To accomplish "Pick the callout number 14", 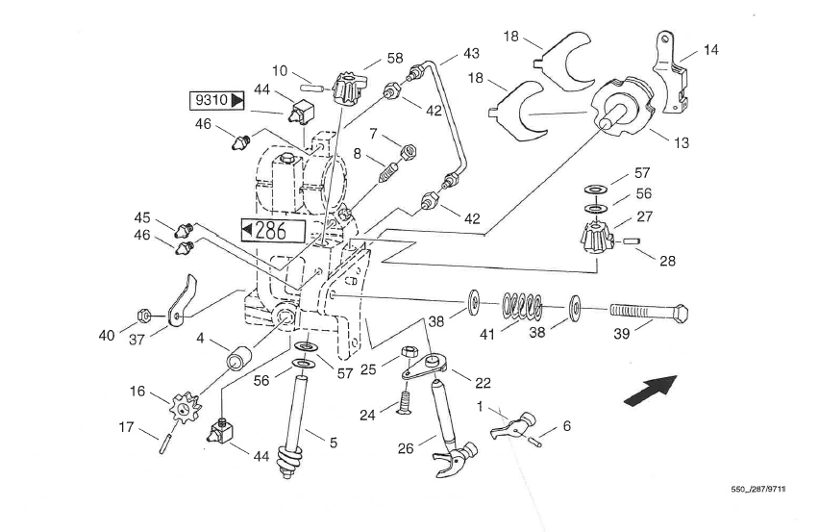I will click(710, 50).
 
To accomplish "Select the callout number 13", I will click(682, 143).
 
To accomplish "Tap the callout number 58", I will click(395, 59).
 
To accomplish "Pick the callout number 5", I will click(334, 443).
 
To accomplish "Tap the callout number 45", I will click(142, 216).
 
